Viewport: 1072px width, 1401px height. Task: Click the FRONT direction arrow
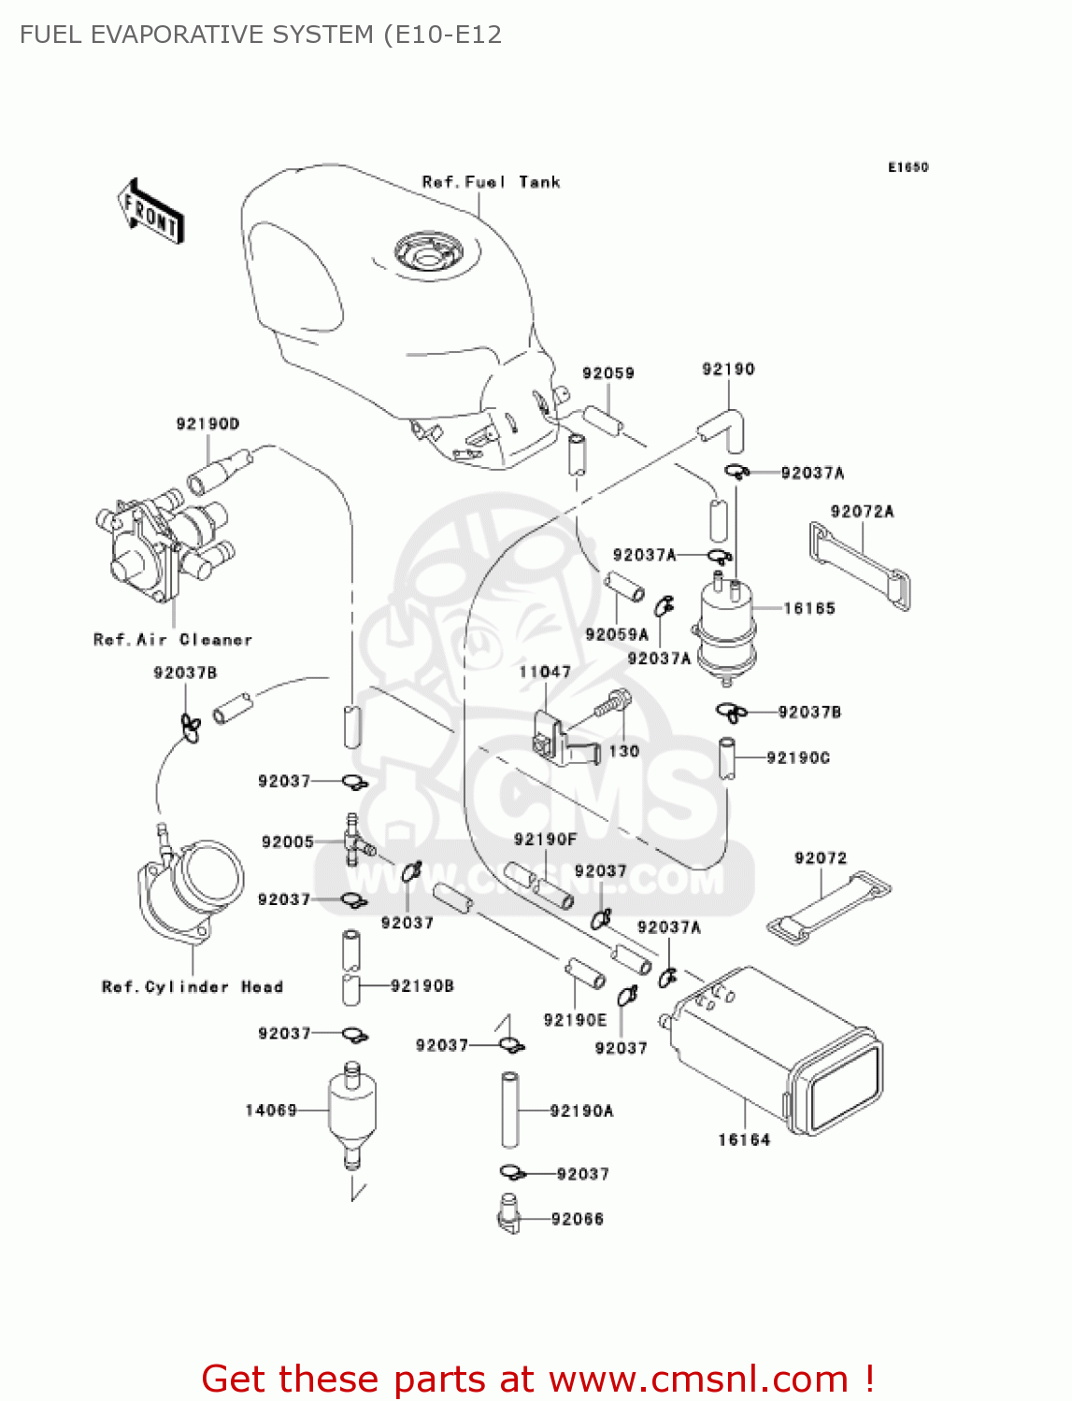pyautogui.click(x=150, y=212)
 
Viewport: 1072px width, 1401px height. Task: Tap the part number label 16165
pyautogui.click(x=809, y=609)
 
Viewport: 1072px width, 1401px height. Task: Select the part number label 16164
pyautogui.click(x=744, y=1139)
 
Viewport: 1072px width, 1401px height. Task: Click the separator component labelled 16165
pyautogui.click(x=724, y=626)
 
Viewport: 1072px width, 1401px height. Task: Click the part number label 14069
pyautogui.click(x=271, y=1111)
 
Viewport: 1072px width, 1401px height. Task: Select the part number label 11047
pyautogui.click(x=545, y=672)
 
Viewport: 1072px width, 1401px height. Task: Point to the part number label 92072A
pyautogui.click(x=862, y=512)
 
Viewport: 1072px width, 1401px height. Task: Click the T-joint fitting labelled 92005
pyautogui.click(x=354, y=841)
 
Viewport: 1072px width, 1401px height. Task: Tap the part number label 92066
pyautogui.click(x=578, y=1219)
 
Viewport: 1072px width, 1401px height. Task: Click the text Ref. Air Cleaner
pyautogui.click(x=173, y=640)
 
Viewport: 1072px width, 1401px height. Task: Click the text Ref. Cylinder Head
pyautogui.click(x=193, y=987)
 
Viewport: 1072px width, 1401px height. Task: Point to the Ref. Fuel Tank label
pyautogui.click(x=491, y=182)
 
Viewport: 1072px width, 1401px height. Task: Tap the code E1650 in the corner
pyautogui.click(x=908, y=167)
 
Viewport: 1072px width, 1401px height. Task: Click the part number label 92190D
pyautogui.click(x=207, y=424)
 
